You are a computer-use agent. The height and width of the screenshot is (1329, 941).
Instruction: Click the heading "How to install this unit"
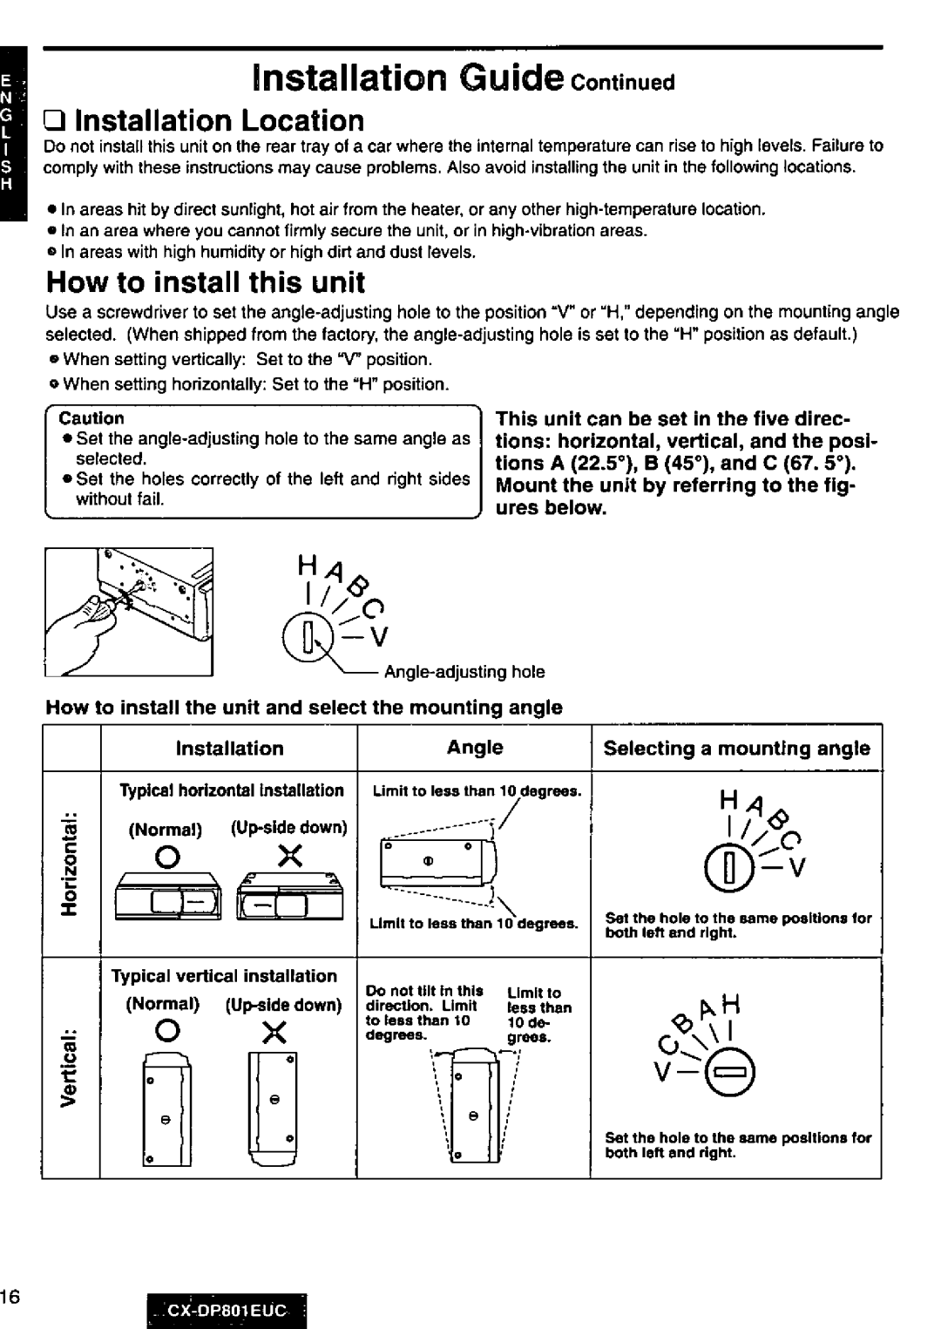[x=206, y=283]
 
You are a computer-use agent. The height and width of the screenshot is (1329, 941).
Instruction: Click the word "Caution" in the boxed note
[x=98, y=418]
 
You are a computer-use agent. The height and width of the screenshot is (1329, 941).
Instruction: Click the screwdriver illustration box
[x=129, y=613]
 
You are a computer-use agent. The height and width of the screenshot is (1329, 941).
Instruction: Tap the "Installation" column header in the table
[x=229, y=749]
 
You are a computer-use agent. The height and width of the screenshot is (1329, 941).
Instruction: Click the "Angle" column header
[x=475, y=748]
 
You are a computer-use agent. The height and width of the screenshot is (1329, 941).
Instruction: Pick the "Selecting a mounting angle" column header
[x=736, y=749]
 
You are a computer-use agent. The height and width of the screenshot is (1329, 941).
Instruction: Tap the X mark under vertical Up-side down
[x=274, y=1034]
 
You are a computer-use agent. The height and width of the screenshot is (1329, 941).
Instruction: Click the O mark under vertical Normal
[x=157, y=1034]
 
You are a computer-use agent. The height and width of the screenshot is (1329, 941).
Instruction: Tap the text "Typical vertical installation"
[x=224, y=976]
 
